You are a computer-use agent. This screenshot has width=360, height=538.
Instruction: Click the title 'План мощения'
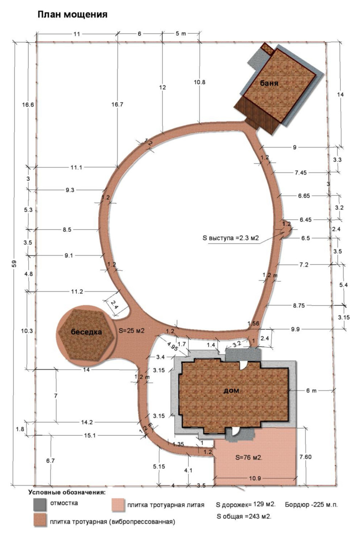coord(72,15)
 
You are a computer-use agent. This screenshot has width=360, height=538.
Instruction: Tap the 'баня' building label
coord(269,83)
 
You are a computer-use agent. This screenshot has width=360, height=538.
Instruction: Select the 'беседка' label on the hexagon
coord(86,332)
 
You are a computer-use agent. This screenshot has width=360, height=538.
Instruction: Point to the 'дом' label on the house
coord(231,390)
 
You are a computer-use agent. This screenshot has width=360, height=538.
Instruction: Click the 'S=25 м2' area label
coord(132,331)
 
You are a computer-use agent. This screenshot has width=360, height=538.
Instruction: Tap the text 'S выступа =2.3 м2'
coord(231,238)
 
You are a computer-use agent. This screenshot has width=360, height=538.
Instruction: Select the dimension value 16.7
coord(117,105)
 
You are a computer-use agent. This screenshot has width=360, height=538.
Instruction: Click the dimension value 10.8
coord(200,82)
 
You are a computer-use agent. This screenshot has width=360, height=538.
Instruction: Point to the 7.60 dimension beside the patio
coord(305,457)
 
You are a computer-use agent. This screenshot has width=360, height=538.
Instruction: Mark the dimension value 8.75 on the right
coord(299,306)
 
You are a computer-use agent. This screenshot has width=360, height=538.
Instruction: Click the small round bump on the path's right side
coord(287,229)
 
